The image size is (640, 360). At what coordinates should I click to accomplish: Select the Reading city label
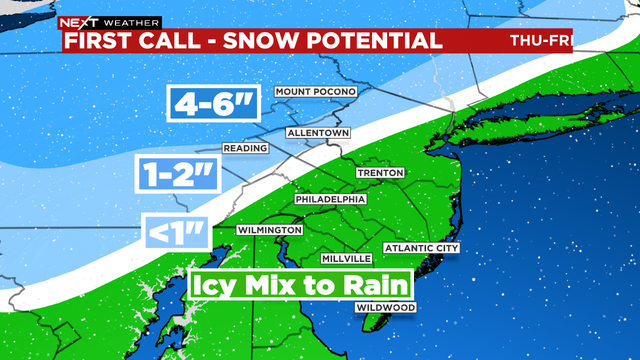pyautogui.click(x=244, y=149)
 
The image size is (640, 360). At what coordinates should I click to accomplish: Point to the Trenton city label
pyautogui.click(x=380, y=173)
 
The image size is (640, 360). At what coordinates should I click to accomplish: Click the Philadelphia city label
pyautogui.click(x=330, y=199)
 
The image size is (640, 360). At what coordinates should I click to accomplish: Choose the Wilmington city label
pyautogui.click(x=269, y=230)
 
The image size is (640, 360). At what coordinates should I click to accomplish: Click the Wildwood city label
pyautogui.click(x=386, y=308)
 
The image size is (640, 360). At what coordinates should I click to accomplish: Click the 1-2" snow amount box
pyautogui.click(x=177, y=174)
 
